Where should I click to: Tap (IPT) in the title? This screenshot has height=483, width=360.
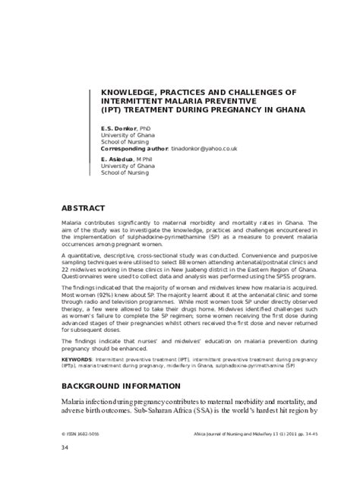pos(112,109)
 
